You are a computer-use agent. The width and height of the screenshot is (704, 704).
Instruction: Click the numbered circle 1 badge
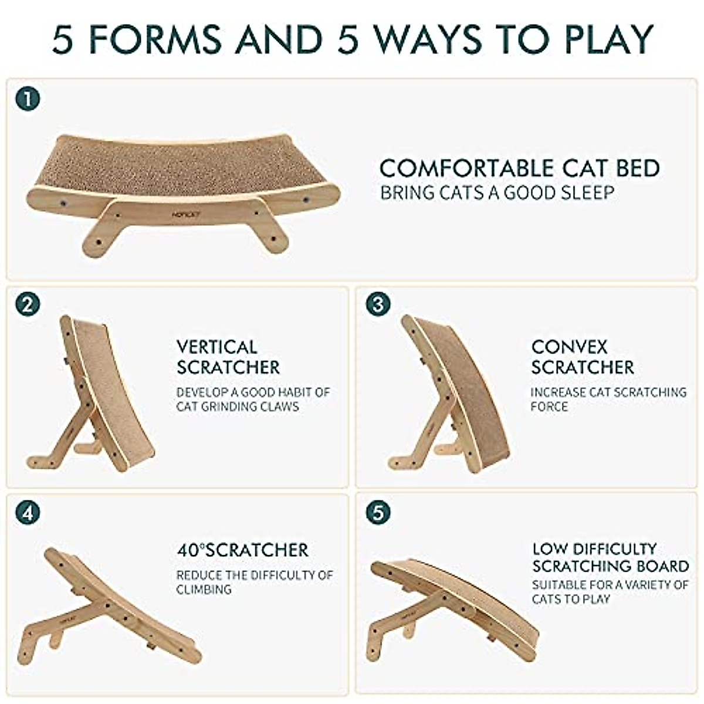click(28, 99)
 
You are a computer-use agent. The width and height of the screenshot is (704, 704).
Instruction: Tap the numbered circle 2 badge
click(28, 304)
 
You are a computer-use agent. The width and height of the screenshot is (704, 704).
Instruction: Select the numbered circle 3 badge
click(377, 304)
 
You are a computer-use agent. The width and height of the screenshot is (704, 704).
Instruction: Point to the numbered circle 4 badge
click(28, 512)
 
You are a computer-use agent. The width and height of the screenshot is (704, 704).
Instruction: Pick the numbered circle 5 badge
click(377, 512)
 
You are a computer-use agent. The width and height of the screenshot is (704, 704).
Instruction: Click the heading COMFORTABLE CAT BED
click(519, 168)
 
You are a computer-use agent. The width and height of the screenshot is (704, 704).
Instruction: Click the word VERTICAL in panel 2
click(216, 347)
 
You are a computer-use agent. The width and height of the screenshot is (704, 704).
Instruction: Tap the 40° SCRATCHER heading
click(242, 550)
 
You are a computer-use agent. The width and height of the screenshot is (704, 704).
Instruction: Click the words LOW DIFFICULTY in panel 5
click(594, 549)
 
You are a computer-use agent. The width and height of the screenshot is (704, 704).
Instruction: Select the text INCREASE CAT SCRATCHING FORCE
click(608, 399)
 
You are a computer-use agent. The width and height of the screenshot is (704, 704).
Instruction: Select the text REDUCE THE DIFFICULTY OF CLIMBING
click(254, 582)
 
